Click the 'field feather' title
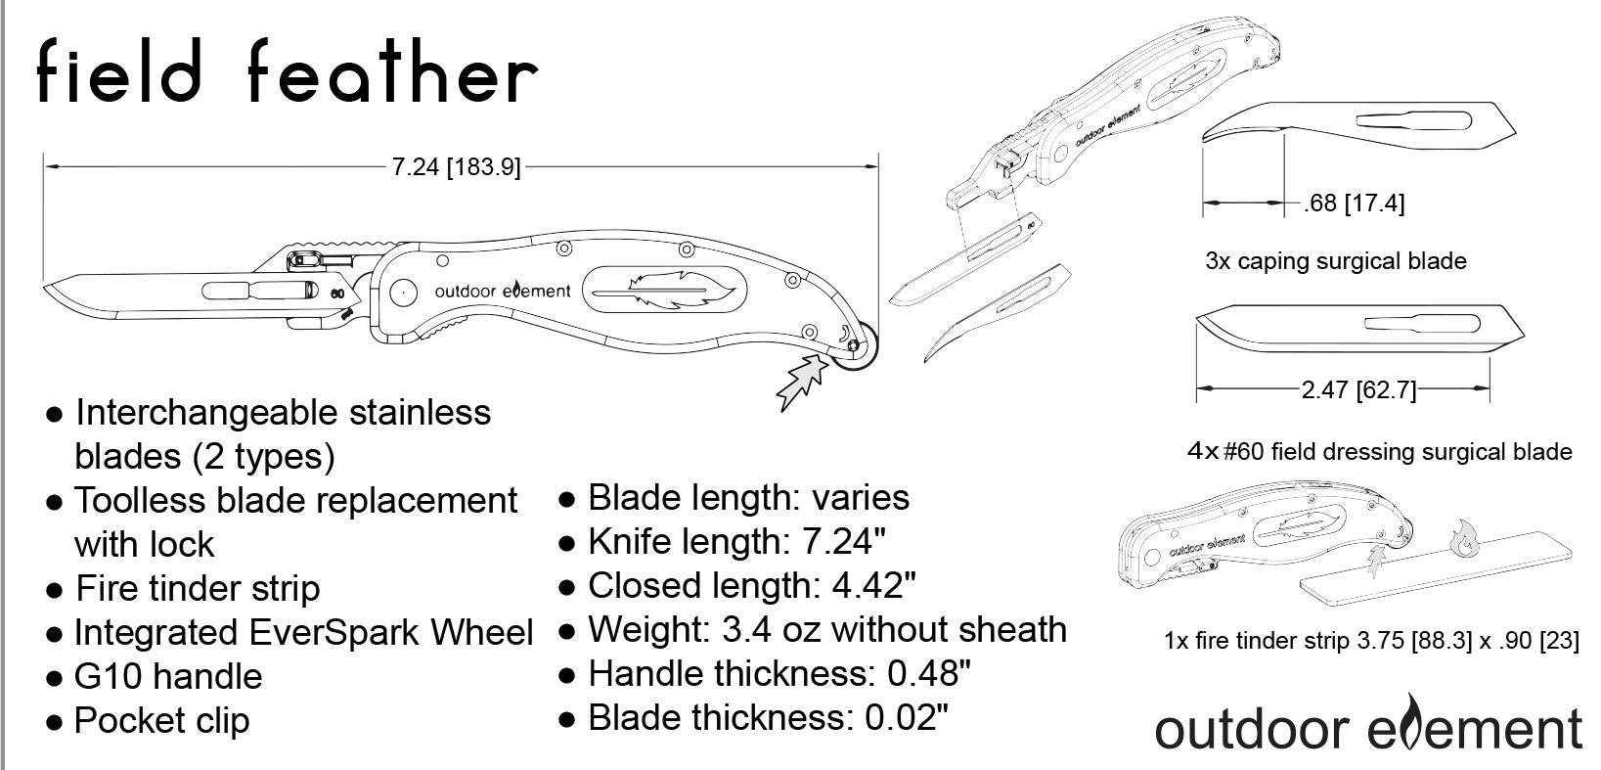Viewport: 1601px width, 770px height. coord(288,71)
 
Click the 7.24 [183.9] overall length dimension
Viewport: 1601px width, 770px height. coord(457,166)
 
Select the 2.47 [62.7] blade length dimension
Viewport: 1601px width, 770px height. coord(1358,389)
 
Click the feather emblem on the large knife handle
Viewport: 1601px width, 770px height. coord(665,291)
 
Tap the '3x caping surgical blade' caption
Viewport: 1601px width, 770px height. coord(1336,261)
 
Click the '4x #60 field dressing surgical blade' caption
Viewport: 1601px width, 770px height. coord(1379,452)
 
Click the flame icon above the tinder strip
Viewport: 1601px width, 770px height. coord(1464,538)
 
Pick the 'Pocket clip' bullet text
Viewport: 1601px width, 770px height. coord(161,721)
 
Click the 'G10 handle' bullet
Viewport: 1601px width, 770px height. coord(168,676)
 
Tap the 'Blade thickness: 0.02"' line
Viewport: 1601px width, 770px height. coord(769,718)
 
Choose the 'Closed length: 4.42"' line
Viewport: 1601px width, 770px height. coord(752,585)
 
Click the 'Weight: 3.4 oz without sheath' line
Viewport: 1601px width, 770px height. coord(827,630)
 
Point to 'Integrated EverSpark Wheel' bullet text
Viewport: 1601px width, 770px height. coord(304,633)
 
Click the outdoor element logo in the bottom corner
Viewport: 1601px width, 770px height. coord(1368,724)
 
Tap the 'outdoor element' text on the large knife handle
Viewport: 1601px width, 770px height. coord(503,291)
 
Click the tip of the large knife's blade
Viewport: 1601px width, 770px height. coord(45,287)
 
